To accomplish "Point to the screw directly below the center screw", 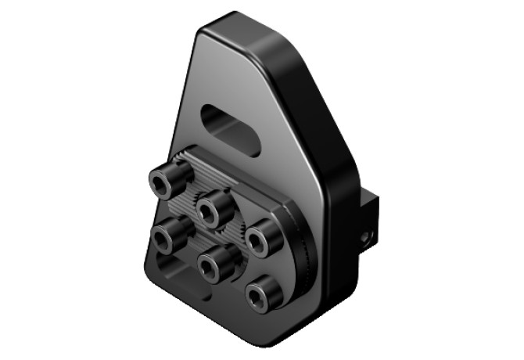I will click(x=210, y=267).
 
